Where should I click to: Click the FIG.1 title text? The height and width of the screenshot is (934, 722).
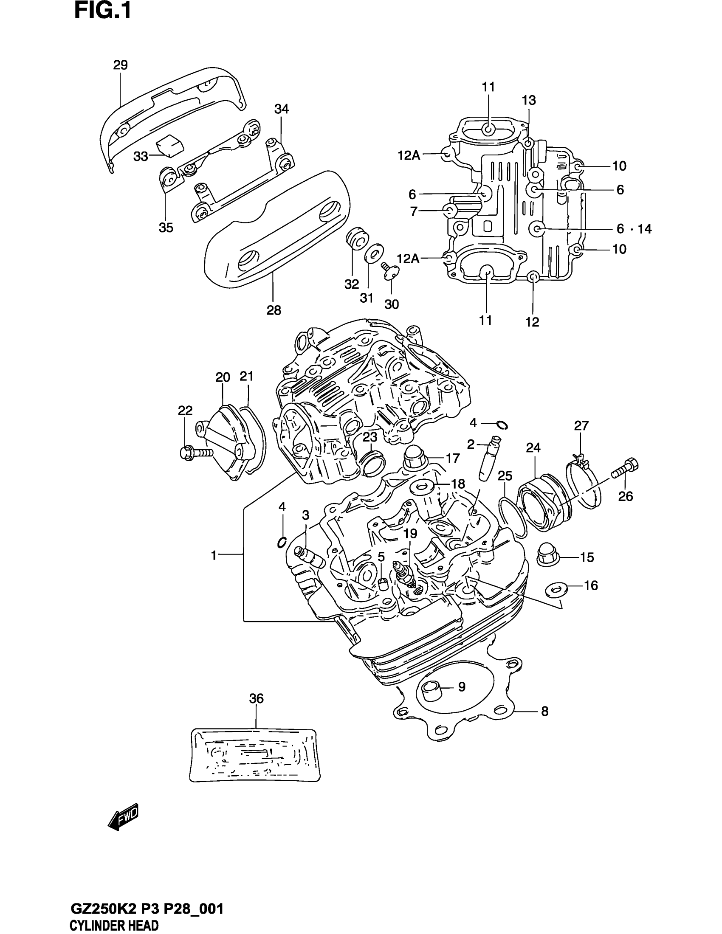coord(103,11)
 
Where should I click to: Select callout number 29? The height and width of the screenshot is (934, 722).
coord(121,65)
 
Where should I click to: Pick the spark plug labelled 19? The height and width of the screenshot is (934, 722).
coord(406,575)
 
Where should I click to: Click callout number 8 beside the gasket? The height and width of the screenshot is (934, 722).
coord(544,711)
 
